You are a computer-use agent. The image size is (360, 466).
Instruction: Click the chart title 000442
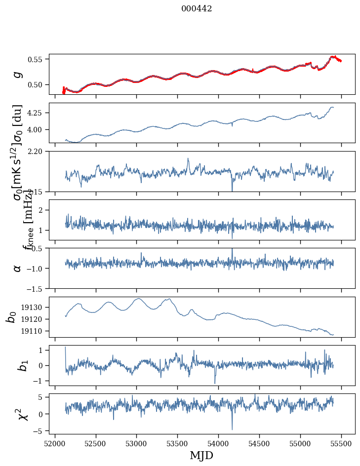coord(196,8)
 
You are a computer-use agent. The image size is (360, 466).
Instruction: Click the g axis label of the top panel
coord(18,74)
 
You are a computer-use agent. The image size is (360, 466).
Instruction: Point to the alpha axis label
coord(18,268)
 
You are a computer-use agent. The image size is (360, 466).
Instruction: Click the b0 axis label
coord(11,317)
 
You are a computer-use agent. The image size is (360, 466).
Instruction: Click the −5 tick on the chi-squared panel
coord(39,431)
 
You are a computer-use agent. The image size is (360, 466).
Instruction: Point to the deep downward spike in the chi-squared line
coord(232,428)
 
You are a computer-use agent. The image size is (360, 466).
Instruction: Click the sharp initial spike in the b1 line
coord(66,348)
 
